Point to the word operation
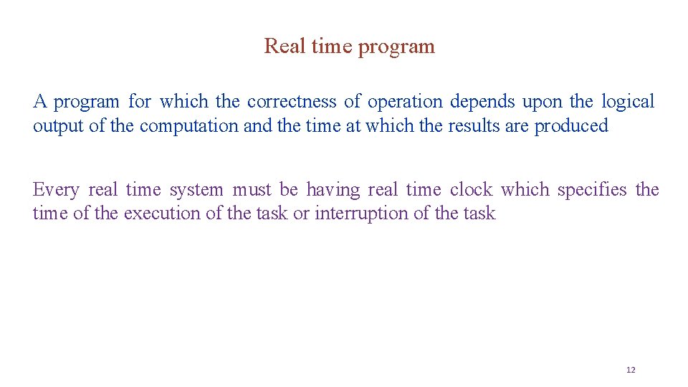[406, 102]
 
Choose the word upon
[543, 102]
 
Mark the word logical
[628, 102]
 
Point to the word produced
[571, 127]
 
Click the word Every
[55, 191]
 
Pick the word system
[196, 191]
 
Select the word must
[252, 190]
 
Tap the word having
[333, 191]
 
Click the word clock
[471, 190]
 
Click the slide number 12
[631, 370]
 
